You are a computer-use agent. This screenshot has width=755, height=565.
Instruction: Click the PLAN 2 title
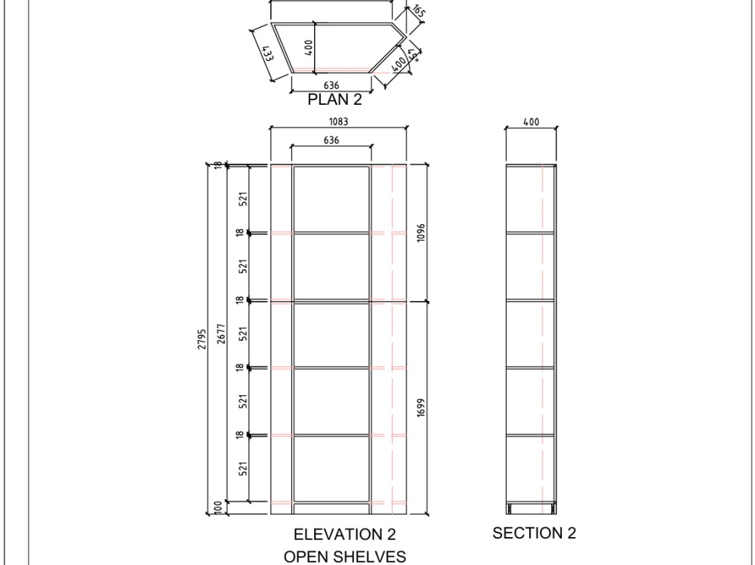tap(334, 100)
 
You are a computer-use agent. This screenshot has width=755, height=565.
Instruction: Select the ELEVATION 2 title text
tap(344, 534)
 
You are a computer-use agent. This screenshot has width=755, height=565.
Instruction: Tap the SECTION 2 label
tap(534, 533)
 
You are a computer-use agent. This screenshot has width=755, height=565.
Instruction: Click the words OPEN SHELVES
tap(344, 557)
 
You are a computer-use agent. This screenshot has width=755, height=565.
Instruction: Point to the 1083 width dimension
tap(338, 121)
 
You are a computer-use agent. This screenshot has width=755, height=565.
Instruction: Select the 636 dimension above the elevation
tap(331, 140)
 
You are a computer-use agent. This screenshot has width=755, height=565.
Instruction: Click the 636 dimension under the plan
tap(331, 86)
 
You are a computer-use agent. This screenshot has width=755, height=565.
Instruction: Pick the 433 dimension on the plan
tap(267, 54)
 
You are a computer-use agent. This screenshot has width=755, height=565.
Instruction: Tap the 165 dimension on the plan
tap(418, 11)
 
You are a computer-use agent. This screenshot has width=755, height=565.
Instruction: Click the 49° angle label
tap(413, 54)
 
